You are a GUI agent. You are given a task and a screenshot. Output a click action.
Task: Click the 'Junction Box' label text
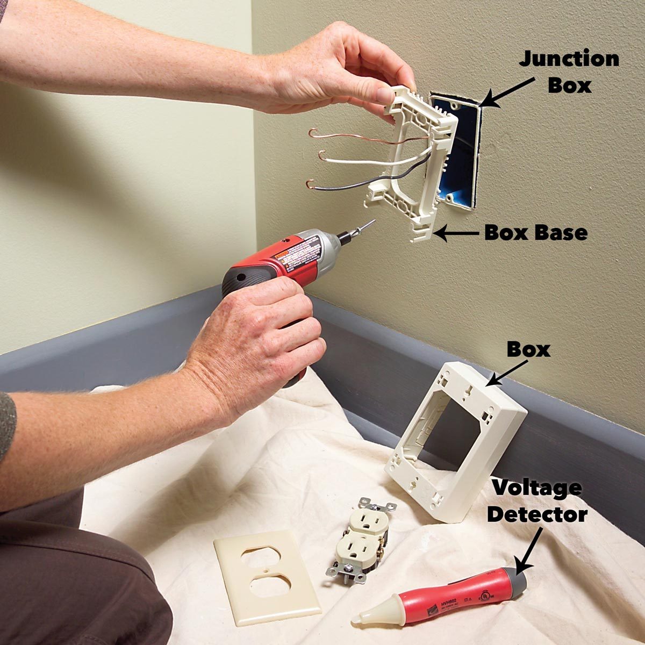tap(569, 71)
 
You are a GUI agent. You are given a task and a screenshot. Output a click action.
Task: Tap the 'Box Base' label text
tap(535, 233)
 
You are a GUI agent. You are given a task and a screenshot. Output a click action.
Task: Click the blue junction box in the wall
tap(457, 150)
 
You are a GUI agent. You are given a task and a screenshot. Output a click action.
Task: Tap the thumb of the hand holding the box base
tap(384, 96)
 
